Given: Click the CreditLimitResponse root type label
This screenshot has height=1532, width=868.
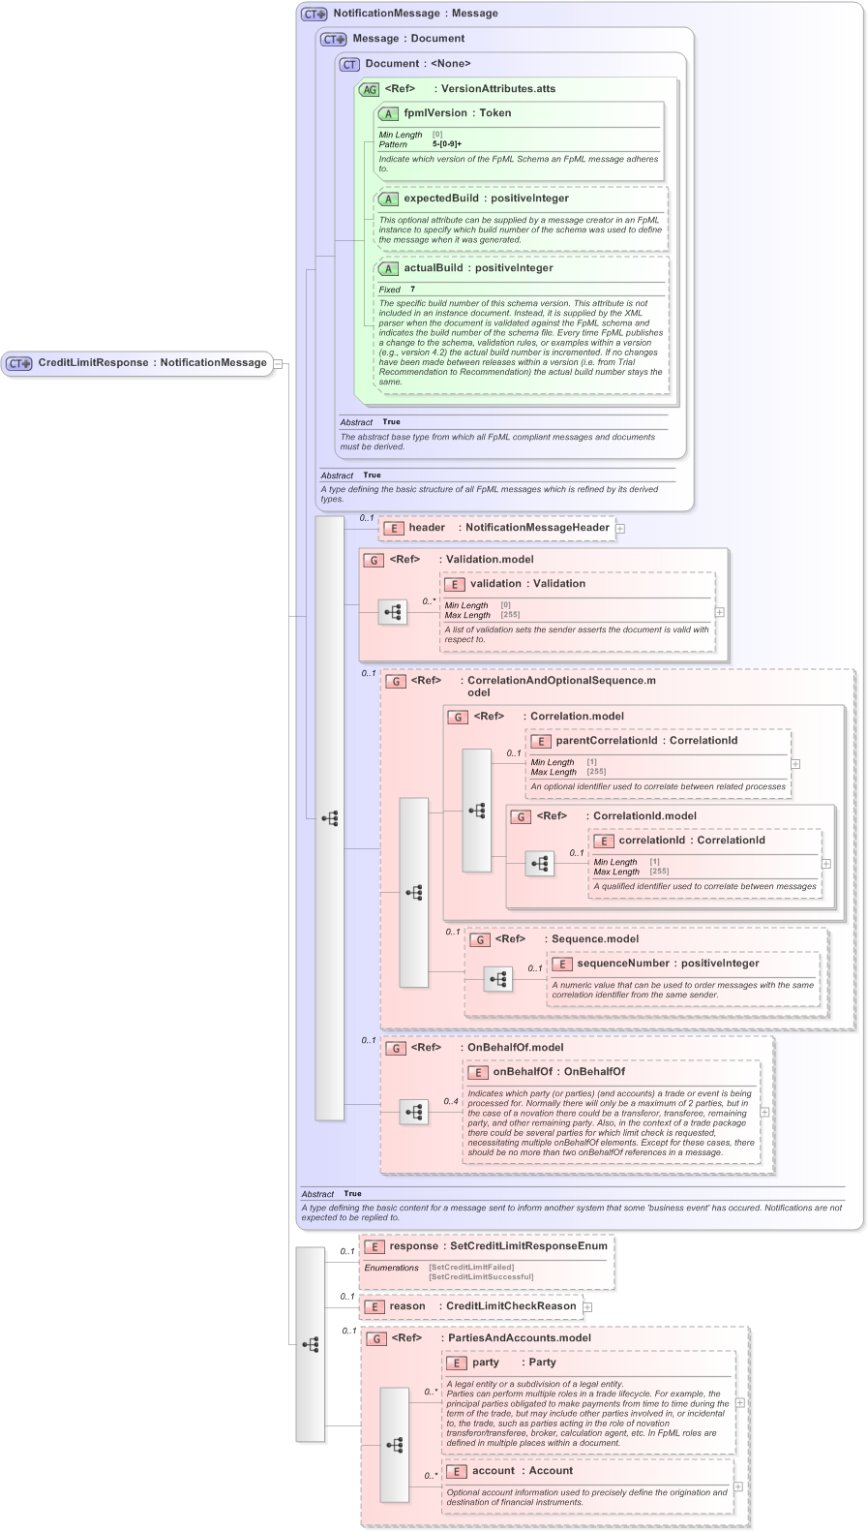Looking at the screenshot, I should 94,363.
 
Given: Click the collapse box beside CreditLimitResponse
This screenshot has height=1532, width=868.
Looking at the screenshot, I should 278,364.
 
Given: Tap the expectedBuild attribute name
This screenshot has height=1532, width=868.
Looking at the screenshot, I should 440,199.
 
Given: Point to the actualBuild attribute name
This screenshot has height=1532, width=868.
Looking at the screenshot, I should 433,268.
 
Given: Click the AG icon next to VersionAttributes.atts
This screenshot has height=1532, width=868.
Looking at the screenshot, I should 369,89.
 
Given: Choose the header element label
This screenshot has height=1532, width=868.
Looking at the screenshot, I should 427,528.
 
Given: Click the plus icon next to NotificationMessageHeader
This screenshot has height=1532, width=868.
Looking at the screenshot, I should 620,529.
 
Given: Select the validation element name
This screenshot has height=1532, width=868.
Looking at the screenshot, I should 495,584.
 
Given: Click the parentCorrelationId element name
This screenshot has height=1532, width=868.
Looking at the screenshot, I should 606,741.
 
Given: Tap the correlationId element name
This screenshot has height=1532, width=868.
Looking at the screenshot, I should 651,841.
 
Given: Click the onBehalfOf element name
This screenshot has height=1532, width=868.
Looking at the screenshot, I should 523,1072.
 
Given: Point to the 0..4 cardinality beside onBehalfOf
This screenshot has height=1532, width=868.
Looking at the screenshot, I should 451,1101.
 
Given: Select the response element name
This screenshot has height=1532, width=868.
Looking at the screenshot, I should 414,1246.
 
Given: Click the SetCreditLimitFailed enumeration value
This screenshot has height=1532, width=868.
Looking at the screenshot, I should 471,1267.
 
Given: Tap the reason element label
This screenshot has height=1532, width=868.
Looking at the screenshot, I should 407,1306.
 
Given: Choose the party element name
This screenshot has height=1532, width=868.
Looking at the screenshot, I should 486,1363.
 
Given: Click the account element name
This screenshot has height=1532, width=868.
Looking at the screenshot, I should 494,1471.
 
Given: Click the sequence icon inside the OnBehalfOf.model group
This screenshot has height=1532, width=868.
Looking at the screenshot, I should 414,1112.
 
